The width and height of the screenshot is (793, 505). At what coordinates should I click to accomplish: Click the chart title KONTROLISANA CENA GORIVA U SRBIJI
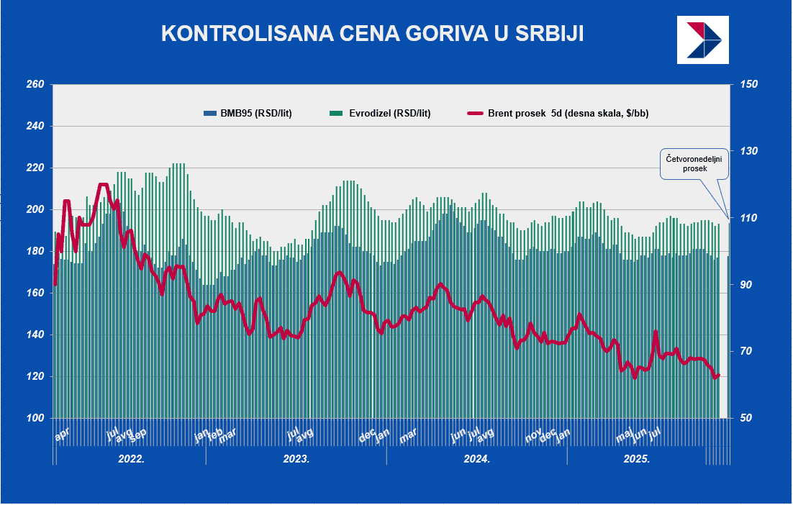(x=372, y=33)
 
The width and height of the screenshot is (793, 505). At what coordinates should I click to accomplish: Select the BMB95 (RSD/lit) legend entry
(x=248, y=113)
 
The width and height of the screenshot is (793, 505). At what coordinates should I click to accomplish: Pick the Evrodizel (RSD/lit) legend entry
(x=380, y=113)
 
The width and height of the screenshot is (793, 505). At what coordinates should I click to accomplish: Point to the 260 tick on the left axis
(x=35, y=85)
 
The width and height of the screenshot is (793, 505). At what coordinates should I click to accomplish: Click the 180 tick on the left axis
(x=35, y=252)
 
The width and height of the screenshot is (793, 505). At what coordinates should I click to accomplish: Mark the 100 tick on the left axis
(x=35, y=418)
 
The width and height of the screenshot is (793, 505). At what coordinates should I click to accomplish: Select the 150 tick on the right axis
(x=749, y=85)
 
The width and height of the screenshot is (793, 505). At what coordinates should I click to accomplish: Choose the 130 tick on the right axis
(x=749, y=152)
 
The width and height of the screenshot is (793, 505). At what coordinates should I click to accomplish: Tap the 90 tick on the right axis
(x=749, y=285)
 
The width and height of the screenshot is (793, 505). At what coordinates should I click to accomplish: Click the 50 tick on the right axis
(x=749, y=418)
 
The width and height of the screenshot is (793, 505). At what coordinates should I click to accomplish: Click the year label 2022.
(x=131, y=458)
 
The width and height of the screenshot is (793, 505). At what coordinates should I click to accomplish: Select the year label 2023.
(x=296, y=458)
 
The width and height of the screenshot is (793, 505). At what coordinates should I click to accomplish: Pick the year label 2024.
(x=476, y=458)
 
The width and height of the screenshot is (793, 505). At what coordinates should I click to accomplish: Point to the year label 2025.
(x=637, y=458)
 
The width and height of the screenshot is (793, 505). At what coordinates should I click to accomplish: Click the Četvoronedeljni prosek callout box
(x=695, y=163)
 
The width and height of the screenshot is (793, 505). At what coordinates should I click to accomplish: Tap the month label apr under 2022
(x=63, y=435)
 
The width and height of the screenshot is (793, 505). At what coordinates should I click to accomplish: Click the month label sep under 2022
(x=137, y=434)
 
